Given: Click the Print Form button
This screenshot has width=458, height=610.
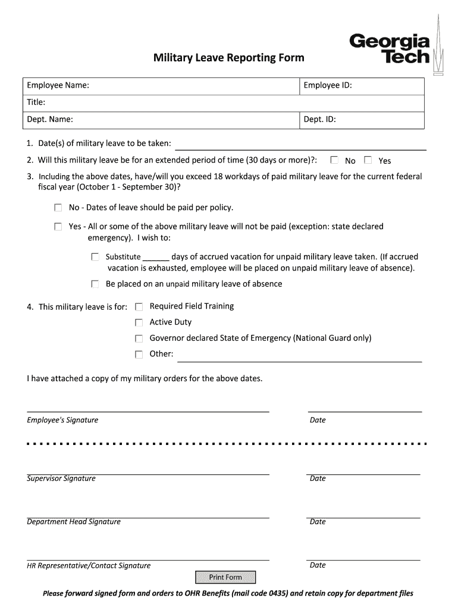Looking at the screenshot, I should coord(225,577).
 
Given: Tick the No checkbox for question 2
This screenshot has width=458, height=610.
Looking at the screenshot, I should coord(335,160).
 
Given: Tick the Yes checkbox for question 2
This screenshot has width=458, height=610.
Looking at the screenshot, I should coord(368,160).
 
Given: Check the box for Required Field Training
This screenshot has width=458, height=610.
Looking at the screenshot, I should coord(139,307).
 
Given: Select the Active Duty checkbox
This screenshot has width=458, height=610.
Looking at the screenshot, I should coord(139,323).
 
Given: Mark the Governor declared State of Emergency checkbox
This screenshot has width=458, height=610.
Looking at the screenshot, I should coord(139,338).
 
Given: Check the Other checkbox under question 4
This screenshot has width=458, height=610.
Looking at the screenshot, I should coord(139,354).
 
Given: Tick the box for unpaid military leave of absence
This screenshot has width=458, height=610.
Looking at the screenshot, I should coord(95,284).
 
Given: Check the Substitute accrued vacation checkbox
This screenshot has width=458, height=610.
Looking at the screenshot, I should coord(95,257).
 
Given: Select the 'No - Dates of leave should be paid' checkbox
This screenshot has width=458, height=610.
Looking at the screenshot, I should coord(58,208).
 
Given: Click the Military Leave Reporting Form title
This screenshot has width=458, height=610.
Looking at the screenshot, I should coord(229,58).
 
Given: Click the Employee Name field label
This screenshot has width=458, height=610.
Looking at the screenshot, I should coord(58,86).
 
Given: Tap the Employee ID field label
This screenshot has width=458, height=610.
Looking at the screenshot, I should coord(328,86).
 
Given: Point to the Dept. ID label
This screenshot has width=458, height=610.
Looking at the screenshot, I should coord(320,119).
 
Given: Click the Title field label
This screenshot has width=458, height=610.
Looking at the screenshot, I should coord(36,102).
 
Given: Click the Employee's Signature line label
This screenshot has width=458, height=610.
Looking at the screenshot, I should coord(62,421).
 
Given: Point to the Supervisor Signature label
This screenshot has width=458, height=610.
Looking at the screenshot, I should coord(61,479).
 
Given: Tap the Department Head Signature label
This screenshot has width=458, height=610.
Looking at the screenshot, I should coord(74,522).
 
